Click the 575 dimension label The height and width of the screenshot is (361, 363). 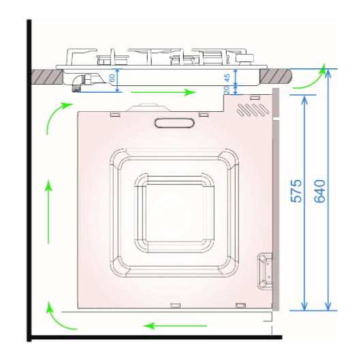click(x=296, y=191)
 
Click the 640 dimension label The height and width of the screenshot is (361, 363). click(x=319, y=191)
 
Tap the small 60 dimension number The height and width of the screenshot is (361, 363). click(x=112, y=78)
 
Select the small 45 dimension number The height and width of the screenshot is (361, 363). click(x=227, y=78)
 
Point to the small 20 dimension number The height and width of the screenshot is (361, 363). click(x=227, y=89)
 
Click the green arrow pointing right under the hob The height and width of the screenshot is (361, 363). click(x=163, y=92)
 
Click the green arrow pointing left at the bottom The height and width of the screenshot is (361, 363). click(x=175, y=326)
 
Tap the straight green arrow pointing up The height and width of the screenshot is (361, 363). click(x=48, y=212)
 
